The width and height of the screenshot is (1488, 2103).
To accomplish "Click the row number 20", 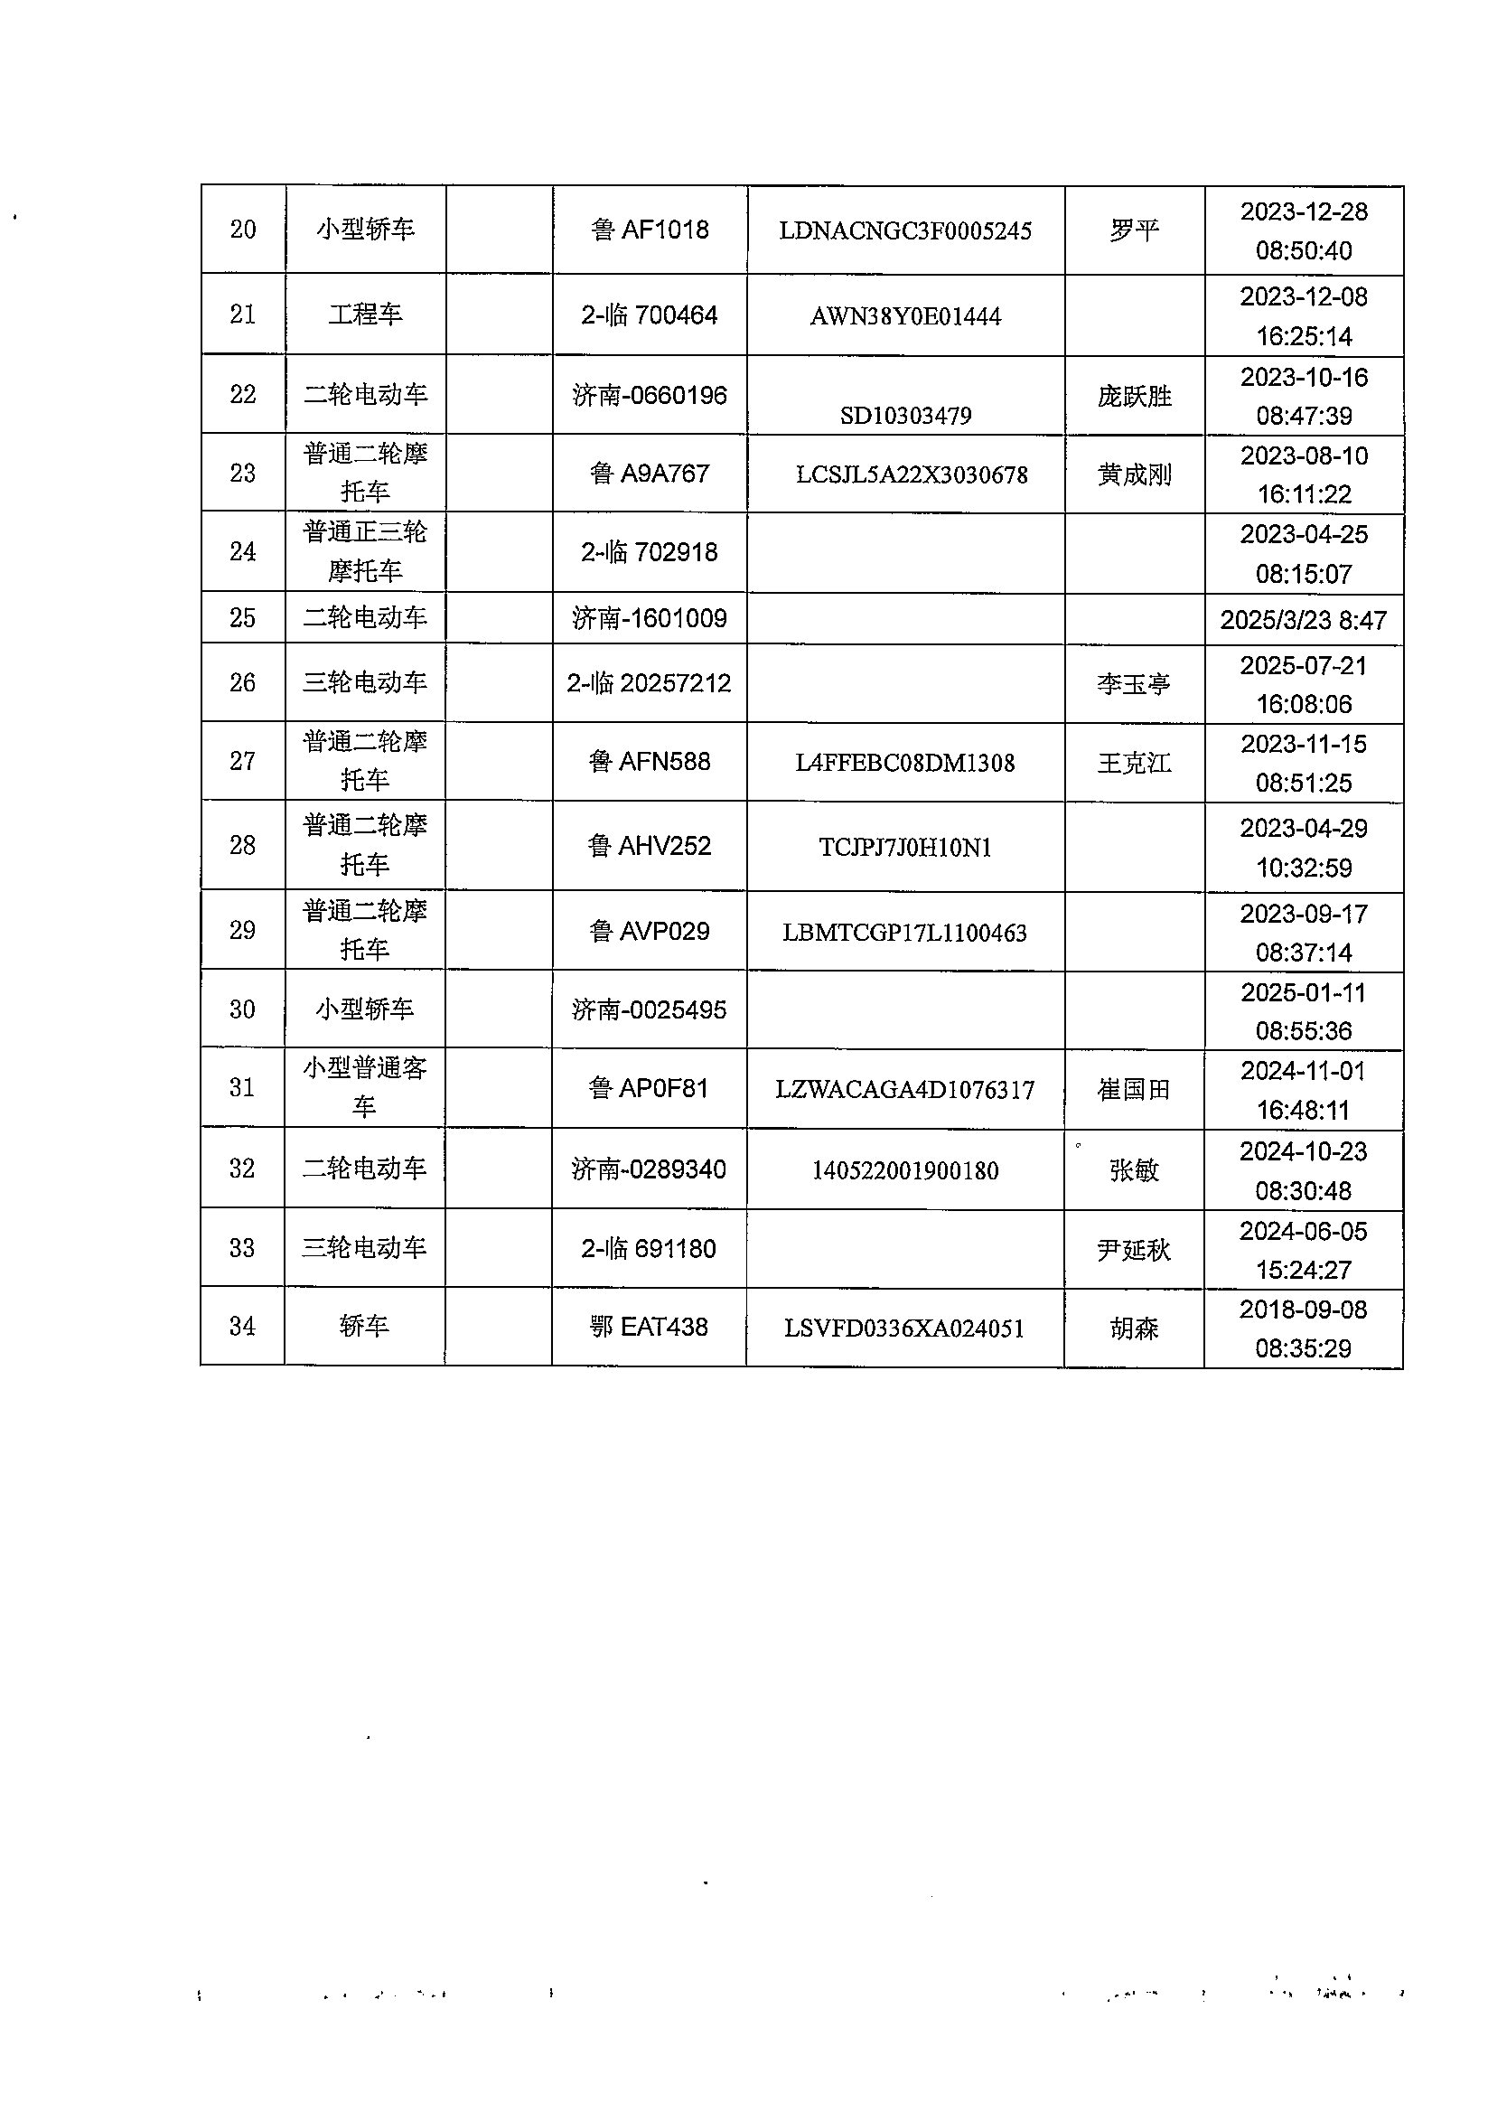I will click(243, 229).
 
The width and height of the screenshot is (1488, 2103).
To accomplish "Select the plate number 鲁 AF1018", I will click(650, 229).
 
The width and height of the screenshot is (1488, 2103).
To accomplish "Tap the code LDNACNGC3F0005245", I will click(905, 231).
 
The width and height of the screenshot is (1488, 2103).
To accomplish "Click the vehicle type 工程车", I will click(366, 315).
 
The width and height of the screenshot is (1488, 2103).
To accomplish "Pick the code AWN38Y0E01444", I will click(905, 317).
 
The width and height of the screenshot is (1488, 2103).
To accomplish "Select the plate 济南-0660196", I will click(650, 396).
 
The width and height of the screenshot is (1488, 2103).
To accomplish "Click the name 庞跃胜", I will click(1135, 396).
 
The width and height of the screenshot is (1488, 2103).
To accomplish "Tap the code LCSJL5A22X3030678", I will click(912, 474).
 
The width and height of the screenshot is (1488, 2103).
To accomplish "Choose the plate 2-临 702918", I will click(650, 552).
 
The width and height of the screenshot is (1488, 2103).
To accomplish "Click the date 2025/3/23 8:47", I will click(1303, 620).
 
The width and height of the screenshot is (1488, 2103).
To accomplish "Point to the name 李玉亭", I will click(1135, 684).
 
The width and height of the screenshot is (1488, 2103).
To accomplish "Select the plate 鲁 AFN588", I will click(650, 762).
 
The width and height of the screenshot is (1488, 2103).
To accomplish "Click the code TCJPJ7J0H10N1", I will click(905, 848).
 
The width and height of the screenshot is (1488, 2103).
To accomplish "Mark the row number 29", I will click(243, 930).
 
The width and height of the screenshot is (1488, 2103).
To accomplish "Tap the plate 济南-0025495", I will click(650, 1009).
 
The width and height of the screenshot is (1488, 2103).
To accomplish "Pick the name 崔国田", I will click(1135, 1090).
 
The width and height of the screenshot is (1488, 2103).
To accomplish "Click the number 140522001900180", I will click(905, 1170).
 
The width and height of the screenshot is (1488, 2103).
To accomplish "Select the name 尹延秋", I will click(1135, 1250).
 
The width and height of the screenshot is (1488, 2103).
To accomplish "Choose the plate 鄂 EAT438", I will click(650, 1327).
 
